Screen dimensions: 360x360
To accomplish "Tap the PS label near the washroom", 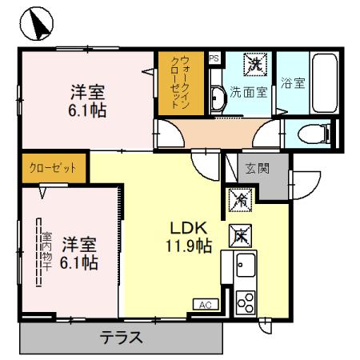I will point(214,58).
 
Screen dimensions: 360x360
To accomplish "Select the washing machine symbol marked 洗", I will point(254,62).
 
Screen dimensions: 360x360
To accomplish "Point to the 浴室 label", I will point(293,82).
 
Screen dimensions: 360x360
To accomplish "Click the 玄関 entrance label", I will point(258,169).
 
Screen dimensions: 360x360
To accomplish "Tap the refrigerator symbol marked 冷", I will point(239,201).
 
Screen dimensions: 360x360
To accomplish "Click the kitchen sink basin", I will point(245,264).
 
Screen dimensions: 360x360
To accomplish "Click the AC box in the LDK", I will point(206,304).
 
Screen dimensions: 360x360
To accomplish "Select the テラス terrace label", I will point(121,338).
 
